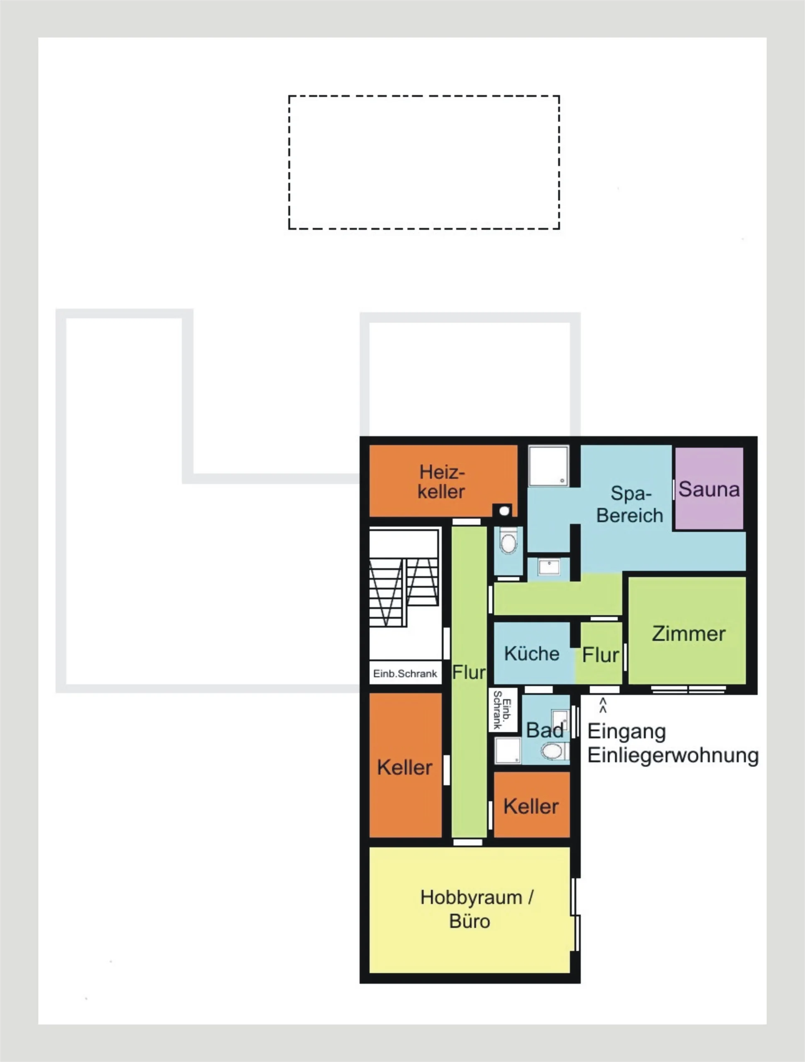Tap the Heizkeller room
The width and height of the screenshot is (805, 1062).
(443, 480)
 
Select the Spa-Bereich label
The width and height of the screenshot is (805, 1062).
(630, 504)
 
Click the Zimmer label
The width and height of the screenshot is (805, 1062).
(688, 634)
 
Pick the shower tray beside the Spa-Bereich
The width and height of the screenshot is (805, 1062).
(549, 466)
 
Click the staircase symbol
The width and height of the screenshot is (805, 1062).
(404, 579)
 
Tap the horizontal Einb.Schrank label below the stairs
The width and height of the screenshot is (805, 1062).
(405, 674)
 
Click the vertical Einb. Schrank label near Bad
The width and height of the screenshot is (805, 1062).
(502, 710)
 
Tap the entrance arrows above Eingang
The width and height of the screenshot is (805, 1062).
(603, 705)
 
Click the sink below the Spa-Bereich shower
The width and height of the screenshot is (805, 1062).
(549, 567)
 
